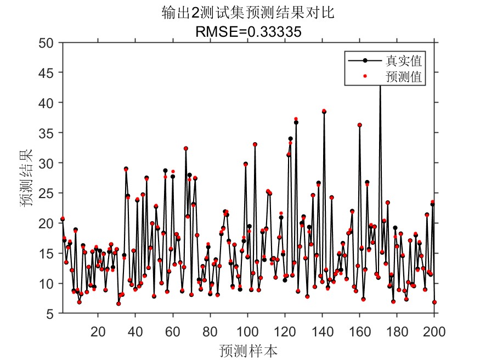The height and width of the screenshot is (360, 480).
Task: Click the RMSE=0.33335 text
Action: click(x=248, y=32)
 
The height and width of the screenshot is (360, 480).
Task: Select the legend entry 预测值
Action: click(x=406, y=77)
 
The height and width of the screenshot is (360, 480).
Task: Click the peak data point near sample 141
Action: click(x=324, y=111)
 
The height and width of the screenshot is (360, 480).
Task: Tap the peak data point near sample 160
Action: click(x=360, y=125)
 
